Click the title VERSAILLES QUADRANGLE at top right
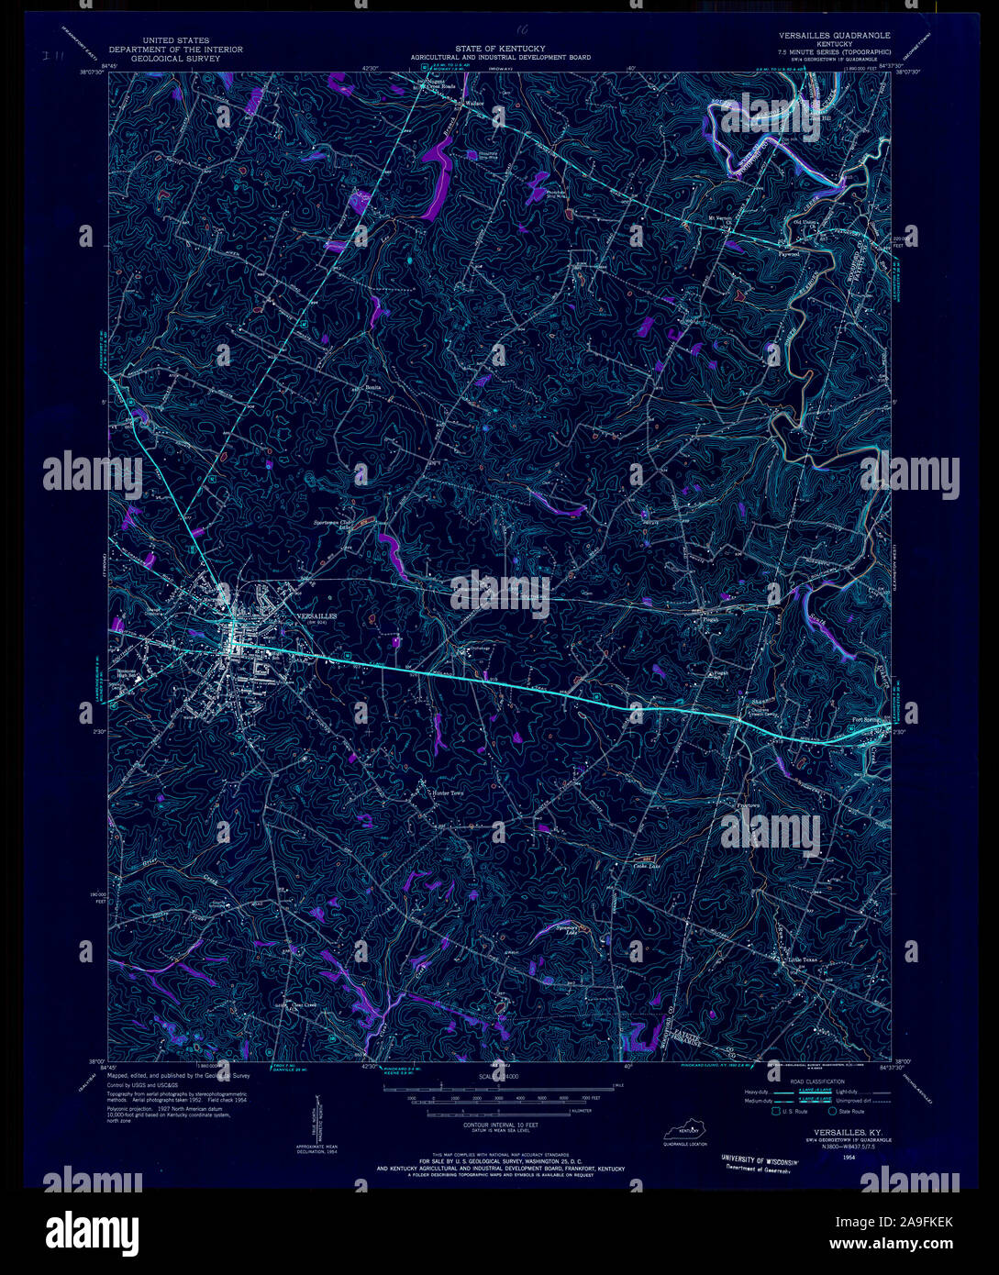(834, 36)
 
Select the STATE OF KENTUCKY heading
(500, 48)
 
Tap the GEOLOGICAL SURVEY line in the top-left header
(175, 58)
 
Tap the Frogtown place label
(749, 805)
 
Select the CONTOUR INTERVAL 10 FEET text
(499, 1124)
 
